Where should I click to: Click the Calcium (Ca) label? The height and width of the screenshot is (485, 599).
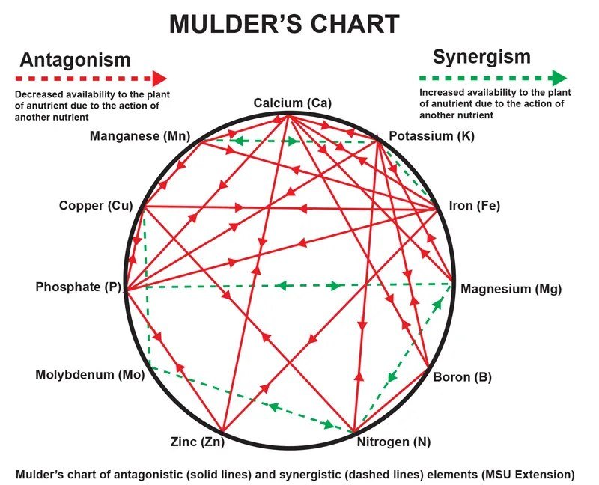pos(292,103)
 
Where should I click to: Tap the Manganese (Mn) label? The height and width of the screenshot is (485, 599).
pos(139,136)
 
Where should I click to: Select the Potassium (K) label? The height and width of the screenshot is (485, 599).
pos(432,136)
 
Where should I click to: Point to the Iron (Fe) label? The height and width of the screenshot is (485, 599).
pos(474,206)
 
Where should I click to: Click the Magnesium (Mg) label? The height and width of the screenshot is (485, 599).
pos(511,289)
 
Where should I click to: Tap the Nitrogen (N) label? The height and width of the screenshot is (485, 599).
pos(394,442)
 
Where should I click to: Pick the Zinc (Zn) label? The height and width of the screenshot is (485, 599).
pos(198,442)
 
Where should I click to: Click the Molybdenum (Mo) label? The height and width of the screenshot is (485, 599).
pos(89,375)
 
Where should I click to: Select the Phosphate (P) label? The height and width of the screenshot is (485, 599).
pos(78,287)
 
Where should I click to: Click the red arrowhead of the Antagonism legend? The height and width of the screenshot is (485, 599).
pos(159,78)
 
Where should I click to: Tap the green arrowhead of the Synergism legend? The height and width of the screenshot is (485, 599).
pos(559,78)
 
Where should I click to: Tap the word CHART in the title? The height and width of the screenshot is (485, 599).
pos(352,24)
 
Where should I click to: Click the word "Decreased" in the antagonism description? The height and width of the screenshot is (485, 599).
pos(37,95)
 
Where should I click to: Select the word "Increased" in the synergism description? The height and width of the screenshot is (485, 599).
pos(441,92)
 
